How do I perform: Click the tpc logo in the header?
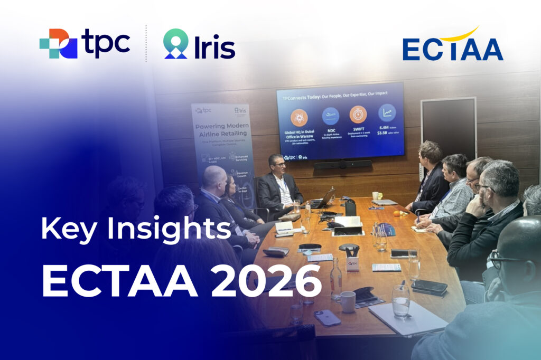click(85, 43)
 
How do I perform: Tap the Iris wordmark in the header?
click(199, 44)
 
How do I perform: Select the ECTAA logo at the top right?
click(452, 45)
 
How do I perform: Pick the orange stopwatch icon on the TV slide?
click(358, 115)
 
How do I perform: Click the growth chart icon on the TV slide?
click(387, 112)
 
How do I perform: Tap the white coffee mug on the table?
click(347, 301)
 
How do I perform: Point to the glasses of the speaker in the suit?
click(279, 165)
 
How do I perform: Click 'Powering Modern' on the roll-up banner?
click(221, 127)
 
